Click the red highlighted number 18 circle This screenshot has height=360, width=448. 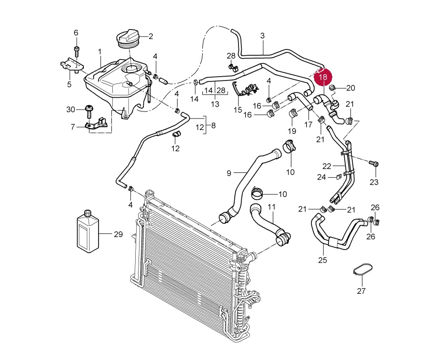click(323, 77)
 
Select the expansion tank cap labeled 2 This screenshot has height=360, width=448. click(128, 38)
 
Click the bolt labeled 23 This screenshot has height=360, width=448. click(374, 164)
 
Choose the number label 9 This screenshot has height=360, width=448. click(229, 173)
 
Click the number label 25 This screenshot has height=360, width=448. click(322, 260)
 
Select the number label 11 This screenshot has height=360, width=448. click(271, 207)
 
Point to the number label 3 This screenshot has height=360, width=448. click(262, 36)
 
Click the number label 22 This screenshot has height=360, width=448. click(326, 166)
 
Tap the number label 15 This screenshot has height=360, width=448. click(238, 110)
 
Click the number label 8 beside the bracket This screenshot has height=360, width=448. click(213, 126)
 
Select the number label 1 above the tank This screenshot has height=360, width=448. click(100, 51)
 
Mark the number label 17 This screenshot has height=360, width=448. click(308, 125)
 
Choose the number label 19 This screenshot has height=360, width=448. click(292, 131)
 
